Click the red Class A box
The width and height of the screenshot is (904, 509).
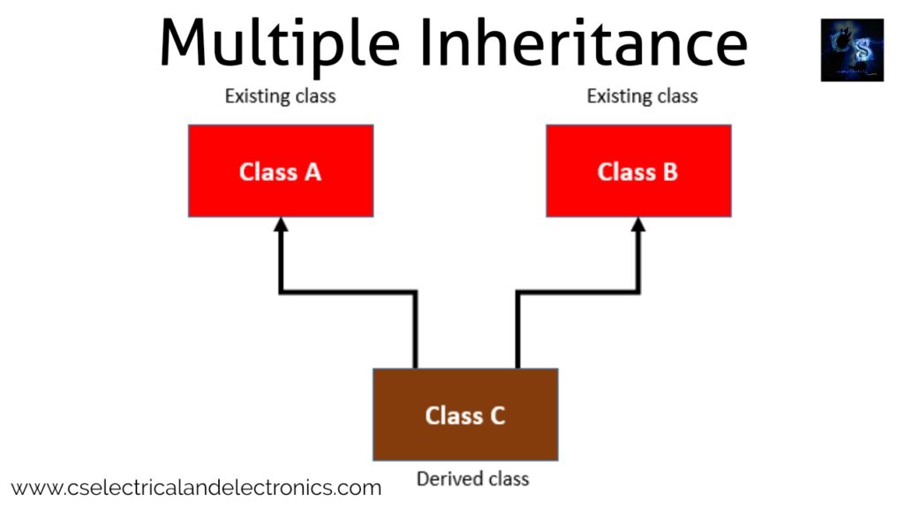tap(281, 171)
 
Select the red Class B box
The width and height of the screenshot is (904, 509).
tap(638, 171)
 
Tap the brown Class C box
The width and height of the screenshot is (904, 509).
tap(465, 414)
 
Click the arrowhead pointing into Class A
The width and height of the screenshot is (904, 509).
tap(281, 224)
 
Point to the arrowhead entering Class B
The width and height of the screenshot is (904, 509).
tap(638, 224)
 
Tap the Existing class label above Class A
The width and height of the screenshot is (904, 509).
tap(280, 95)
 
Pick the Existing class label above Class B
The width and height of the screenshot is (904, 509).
tap(642, 95)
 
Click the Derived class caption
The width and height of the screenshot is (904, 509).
tap(472, 479)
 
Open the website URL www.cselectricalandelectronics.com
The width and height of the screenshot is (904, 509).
tap(196, 487)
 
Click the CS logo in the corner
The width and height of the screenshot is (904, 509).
tap(851, 50)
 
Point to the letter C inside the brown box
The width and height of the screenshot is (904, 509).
tap(496, 414)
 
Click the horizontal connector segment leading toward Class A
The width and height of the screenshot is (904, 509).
tap(348, 291)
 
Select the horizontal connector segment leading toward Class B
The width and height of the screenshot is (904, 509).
tap(577, 291)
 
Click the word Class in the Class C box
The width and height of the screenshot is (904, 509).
tap(453, 414)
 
